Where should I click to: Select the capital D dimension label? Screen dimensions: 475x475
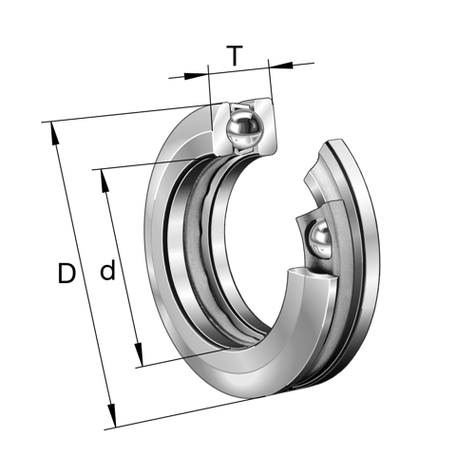point(66,275)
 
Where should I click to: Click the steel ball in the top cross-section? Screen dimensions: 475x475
point(243,128)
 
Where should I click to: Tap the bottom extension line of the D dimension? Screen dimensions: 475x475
point(190,416)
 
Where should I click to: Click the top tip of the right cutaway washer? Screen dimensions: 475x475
point(333,142)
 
